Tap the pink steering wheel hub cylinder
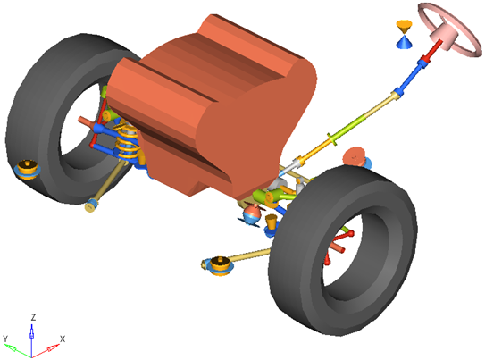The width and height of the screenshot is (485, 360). pos(446,38)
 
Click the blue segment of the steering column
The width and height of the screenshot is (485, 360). pos(410,77)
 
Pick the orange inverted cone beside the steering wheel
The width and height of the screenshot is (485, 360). pos(405,26)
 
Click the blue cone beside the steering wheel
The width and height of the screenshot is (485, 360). pos(405,42)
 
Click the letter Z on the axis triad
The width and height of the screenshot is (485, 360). pos(33,317)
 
